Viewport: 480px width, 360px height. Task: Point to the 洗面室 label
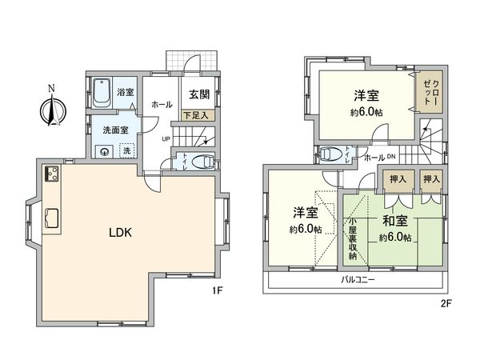click(111, 130)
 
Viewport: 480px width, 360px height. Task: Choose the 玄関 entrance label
click(198, 94)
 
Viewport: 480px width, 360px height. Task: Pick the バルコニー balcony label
click(358, 280)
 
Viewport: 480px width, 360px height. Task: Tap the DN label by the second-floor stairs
click(390, 158)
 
